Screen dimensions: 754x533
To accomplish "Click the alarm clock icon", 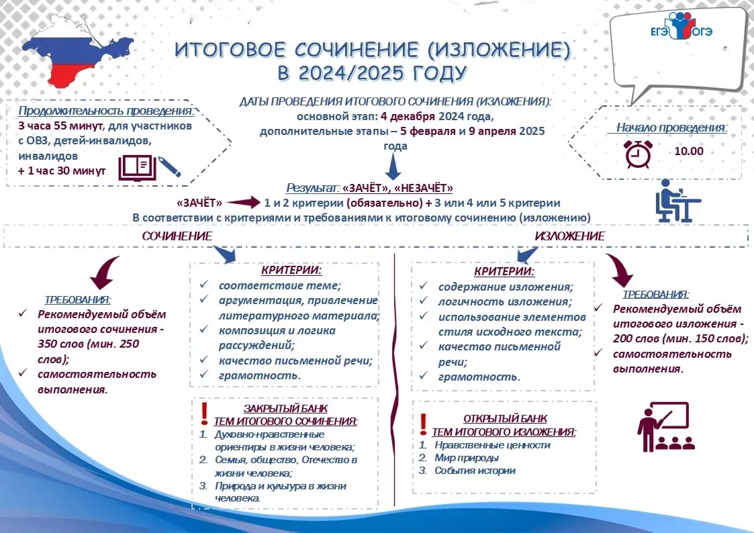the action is tap(638, 154).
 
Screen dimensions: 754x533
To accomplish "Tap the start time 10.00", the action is tap(689, 151).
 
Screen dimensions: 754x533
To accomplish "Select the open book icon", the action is tap(138, 168).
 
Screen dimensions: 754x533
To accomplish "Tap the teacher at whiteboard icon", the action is tap(666, 427).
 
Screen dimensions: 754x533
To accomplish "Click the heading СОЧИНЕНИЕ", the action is tap(177, 236).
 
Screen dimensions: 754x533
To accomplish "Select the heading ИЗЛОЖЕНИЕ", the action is tap(570, 236).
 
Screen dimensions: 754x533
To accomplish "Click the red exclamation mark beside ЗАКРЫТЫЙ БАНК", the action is tap(204, 414).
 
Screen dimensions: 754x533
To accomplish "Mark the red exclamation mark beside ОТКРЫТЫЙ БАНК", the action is tap(423, 425).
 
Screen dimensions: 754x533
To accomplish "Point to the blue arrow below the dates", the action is tap(393, 167).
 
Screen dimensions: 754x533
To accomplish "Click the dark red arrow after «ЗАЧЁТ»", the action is tap(243, 202).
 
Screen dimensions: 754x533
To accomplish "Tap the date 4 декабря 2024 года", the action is tap(436, 116).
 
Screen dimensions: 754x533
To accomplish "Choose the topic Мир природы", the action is tap(467, 458).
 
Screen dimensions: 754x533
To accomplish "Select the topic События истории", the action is tap(475, 471).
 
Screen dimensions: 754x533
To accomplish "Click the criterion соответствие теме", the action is tap(280, 285).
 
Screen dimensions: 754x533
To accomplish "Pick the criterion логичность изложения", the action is tap(505, 302).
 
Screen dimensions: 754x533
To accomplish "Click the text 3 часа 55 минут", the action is tap(60, 126).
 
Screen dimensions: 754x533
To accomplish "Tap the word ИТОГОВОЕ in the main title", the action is tap(230, 50).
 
